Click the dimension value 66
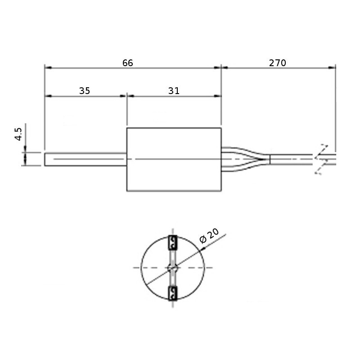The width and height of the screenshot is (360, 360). (128, 63)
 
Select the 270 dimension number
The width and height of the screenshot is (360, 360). (278, 63)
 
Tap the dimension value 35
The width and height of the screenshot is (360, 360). (85, 91)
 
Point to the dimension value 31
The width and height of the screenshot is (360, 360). (174, 91)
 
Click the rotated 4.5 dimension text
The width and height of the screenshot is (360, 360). (18, 134)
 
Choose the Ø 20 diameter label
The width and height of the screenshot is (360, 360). (209, 236)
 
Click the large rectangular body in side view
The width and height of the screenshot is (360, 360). (174, 159)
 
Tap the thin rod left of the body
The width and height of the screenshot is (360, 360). (85, 159)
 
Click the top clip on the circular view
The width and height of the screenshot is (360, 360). (173, 243)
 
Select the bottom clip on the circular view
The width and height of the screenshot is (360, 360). (173, 293)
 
